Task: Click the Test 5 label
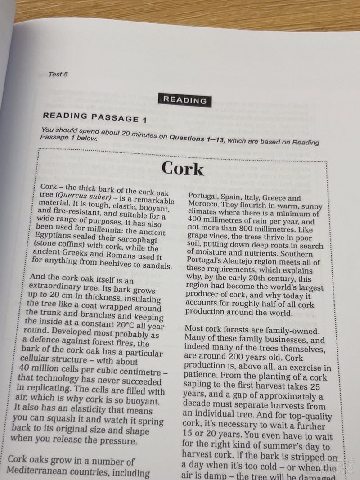[x=58, y=75]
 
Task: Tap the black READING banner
[x=184, y=100]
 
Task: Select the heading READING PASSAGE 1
[x=94, y=118]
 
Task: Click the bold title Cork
[x=182, y=169]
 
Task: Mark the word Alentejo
[x=238, y=262]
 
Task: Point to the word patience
[x=199, y=376]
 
